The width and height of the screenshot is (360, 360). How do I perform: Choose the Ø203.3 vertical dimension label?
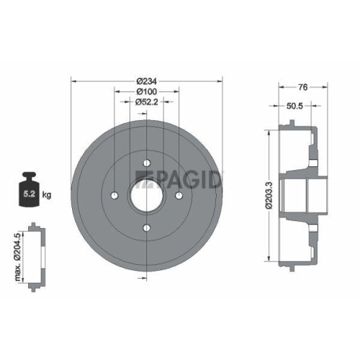point(268,194)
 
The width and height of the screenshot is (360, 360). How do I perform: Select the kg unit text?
point(47,194)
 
